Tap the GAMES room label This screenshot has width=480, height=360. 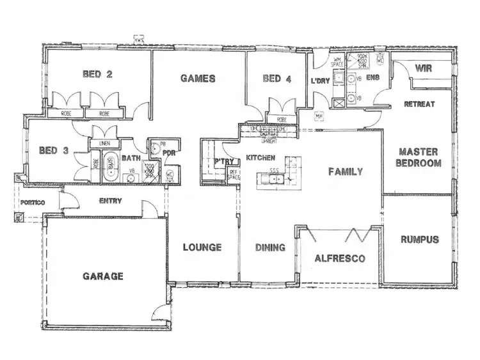[x=197, y=79]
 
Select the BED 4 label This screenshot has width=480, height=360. [x=276, y=79]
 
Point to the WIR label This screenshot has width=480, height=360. [x=422, y=68]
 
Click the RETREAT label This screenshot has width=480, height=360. [x=419, y=104]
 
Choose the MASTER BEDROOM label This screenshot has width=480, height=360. [x=419, y=157]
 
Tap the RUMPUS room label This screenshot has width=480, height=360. [x=419, y=240]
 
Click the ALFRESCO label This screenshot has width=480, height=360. [x=339, y=258]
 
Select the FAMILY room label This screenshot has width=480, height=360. [x=346, y=171]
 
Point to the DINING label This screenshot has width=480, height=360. [x=270, y=247]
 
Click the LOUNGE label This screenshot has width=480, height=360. [x=202, y=247]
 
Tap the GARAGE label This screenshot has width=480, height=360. [x=102, y=276]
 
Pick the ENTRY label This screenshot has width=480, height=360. [x=111, y=201]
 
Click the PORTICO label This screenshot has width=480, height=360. [x=31, y=201]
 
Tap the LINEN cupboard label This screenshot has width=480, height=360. [x=104, y=144]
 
